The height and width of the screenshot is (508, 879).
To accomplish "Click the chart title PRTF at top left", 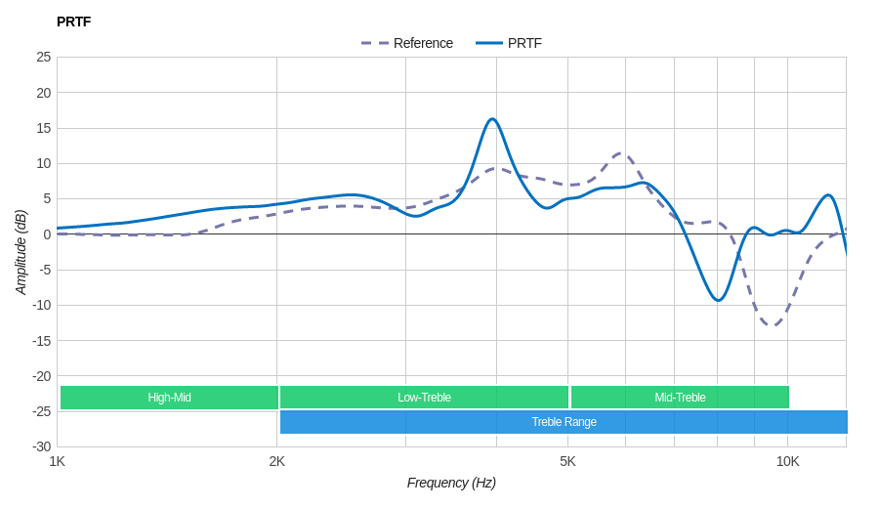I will [73, 21].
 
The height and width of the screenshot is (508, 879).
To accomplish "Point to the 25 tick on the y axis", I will [43, 57].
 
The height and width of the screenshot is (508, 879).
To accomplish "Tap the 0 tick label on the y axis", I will [47, 234].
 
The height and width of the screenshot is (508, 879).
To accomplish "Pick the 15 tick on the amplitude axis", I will [43, 128].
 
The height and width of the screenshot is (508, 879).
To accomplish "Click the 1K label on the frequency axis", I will [58, 461].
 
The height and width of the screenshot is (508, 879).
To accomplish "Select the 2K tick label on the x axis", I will [277, 461].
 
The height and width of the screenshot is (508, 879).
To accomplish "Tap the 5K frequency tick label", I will [567, 461].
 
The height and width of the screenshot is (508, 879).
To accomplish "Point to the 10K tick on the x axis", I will [788, 461].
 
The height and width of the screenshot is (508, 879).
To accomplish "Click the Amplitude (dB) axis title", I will [21, 252].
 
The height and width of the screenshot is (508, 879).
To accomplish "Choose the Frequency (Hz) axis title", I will [451, 483].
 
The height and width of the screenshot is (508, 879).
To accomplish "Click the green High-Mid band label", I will [169, 398].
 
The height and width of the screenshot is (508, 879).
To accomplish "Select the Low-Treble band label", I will [424, 398].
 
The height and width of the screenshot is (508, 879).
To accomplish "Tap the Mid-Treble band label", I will [680, 398].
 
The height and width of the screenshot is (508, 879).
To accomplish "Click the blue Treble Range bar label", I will [564, 422].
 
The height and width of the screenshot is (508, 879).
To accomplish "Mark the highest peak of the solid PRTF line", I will [492, 119].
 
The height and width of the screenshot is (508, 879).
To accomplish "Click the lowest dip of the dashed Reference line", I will [773, 325].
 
